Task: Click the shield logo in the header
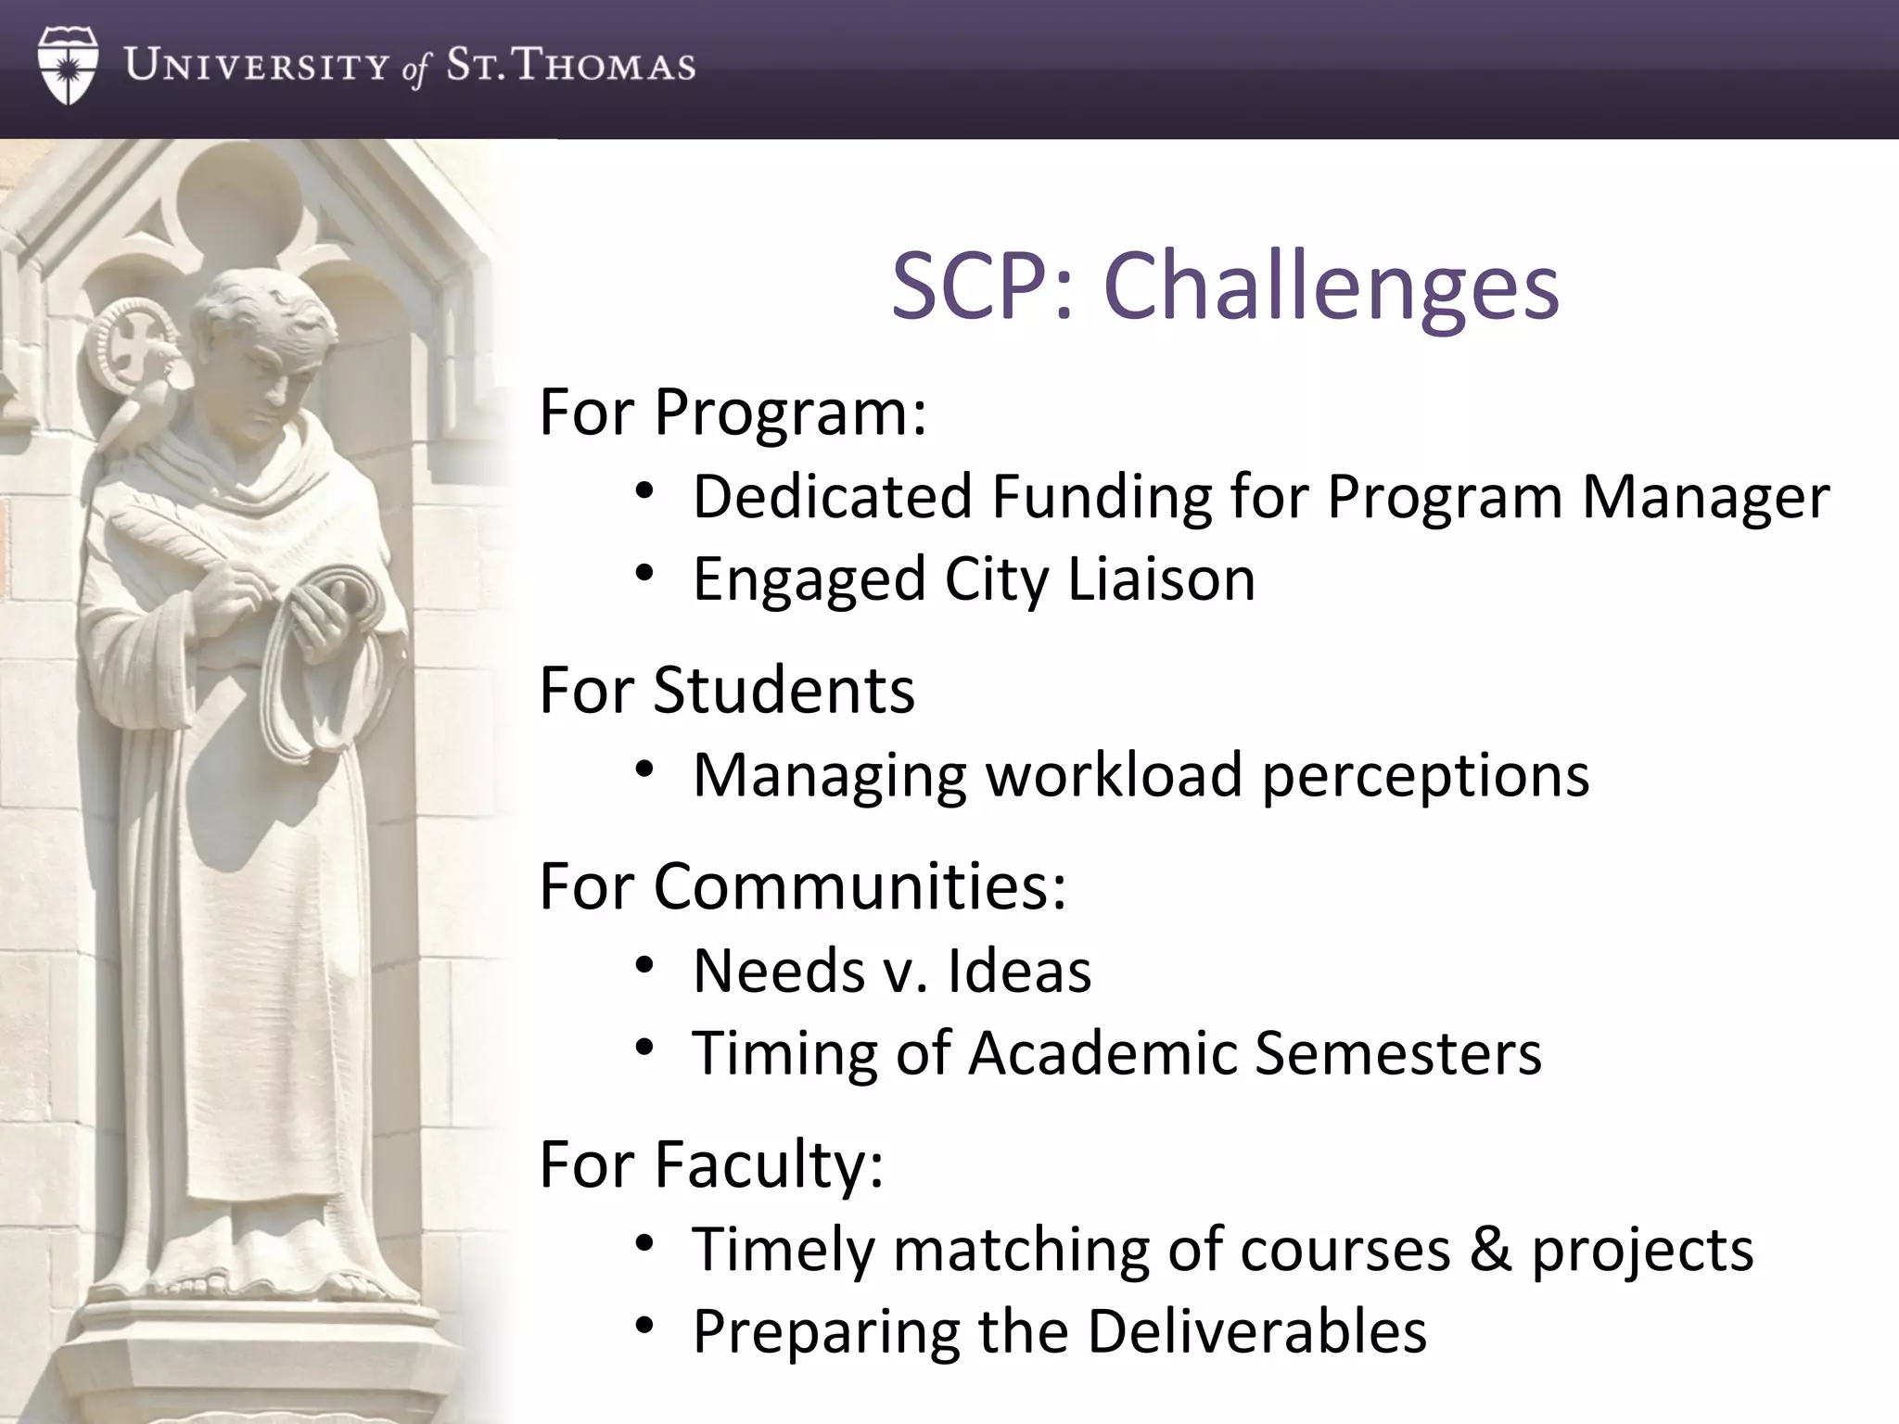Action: point(68,66)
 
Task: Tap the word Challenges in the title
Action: point(1332,286)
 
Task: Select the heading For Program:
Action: point(733,412)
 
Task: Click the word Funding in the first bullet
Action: point(1102,497)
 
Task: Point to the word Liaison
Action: point(1161,579)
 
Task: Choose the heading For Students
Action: point(727,691)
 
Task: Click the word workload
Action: point(1113,775)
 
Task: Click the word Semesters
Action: point(1397,1054)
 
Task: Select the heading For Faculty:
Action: point(711,1164)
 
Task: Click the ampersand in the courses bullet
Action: point(1490,1249)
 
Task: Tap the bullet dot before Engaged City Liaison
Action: point(645,574)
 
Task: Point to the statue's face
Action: point(269,371)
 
